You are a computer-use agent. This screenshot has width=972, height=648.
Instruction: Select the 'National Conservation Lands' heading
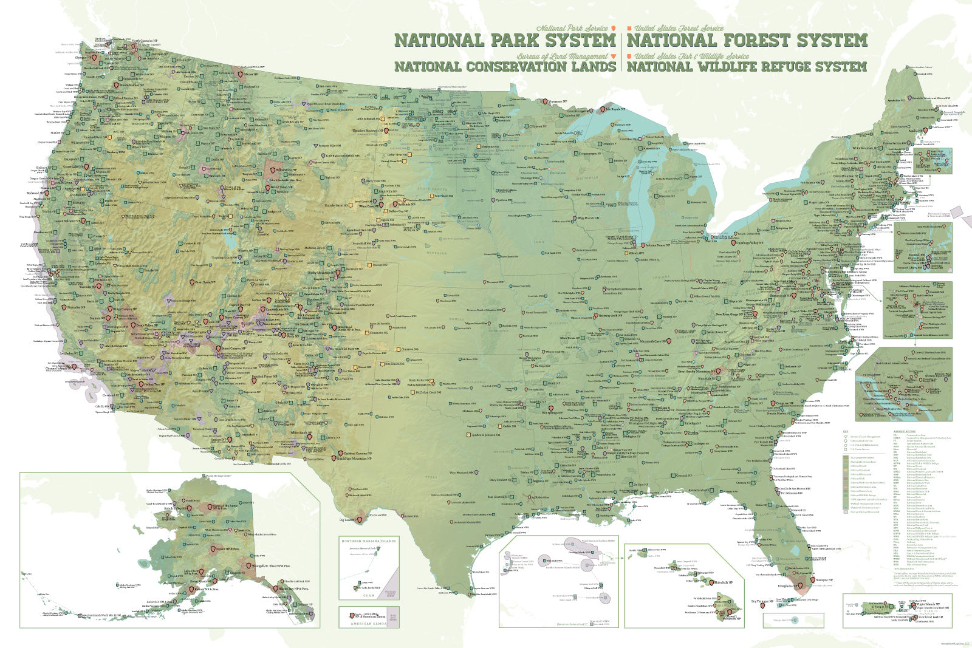click(505, 66)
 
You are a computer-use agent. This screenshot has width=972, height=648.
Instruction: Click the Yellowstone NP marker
click(273, 171)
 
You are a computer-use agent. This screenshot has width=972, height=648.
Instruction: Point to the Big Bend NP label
click(347, 520)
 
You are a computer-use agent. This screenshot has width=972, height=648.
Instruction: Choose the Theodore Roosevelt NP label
click(367, 131)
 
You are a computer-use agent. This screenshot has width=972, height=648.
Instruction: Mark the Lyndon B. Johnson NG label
click(485, 435)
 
